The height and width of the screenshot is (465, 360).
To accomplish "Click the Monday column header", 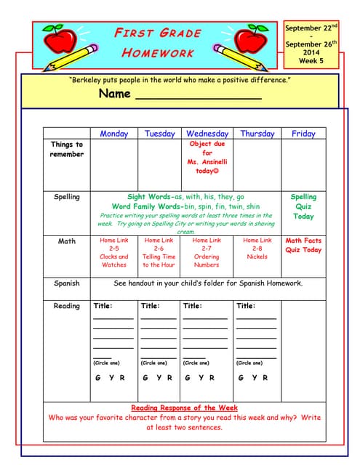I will point(113,134).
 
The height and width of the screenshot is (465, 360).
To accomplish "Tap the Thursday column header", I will point(257,134).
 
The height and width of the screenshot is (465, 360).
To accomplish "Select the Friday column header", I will point(303,134).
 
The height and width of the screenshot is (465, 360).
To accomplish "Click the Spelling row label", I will point(66,197).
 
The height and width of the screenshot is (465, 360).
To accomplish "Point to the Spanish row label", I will point(66,283).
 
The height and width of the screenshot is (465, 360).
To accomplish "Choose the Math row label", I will point(66,241).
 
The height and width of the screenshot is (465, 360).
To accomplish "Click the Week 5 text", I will point(311,61).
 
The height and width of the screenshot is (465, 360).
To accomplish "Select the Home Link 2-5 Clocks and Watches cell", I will point(113,252).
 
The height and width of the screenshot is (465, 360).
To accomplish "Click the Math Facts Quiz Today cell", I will point(303,245).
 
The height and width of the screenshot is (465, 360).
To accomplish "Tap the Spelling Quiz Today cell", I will point(303,206).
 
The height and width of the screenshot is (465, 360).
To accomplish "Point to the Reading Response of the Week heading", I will point(184,408).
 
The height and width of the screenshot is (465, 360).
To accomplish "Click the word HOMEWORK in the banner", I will point(158,52).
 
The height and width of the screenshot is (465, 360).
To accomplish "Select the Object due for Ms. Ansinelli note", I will point(207,158).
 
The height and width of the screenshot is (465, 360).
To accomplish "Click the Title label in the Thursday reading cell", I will point(246,306).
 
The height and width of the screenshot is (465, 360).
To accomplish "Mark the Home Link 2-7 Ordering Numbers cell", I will point(207,252).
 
